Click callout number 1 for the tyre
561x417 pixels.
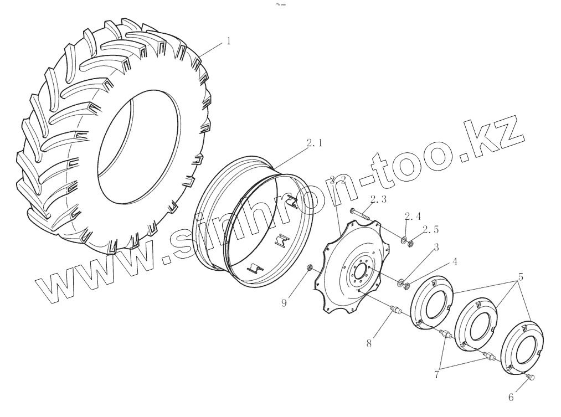pos(229,41)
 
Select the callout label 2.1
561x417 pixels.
pos(315,143)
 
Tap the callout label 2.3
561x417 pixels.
pos(378,199)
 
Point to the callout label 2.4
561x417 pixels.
pos(413,216)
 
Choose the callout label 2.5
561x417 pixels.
pos(430,229)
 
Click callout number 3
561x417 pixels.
pos(436,247)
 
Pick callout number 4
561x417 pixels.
pos(455,262)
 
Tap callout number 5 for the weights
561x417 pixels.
pos(521,277)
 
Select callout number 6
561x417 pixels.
pos(511,397)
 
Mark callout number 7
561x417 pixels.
pos(436,375)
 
